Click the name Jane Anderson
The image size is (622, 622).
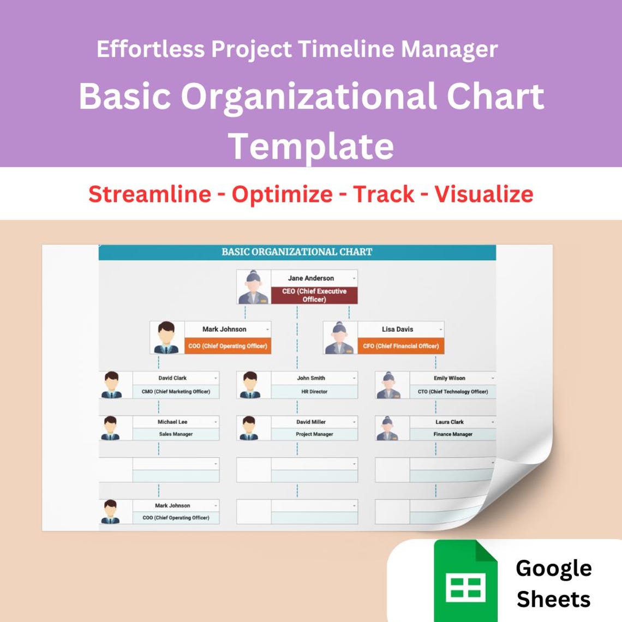(310, 278)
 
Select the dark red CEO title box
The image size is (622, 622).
(314, 295)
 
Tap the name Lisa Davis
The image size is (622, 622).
(397, 330)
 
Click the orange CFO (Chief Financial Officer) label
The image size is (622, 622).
(400, 346)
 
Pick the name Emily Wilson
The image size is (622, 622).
(450, 378)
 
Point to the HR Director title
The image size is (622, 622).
(314, 392)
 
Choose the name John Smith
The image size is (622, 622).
(311, 378)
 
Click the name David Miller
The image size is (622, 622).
(311, 422)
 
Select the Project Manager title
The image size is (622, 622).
(314, 434)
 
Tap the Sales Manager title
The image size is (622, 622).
(176, 434)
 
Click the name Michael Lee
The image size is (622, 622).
(172, 422)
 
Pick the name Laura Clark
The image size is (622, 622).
(450, 422)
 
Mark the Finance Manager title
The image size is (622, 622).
(453, 434)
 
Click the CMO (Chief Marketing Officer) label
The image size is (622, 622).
(176, 392)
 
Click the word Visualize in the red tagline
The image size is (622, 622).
(483, 194)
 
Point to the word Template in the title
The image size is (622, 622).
(311, 146)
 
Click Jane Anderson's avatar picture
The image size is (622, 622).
(254, 287)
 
